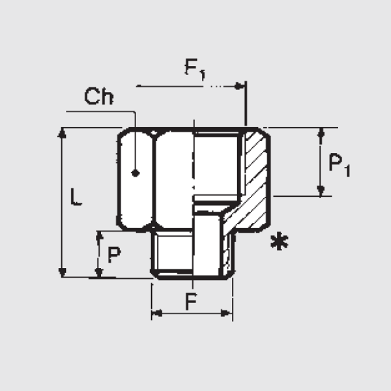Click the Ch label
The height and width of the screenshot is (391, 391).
coord(99,96)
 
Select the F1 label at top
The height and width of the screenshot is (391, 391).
coord(195,69)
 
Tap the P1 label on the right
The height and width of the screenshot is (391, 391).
coord(340,165)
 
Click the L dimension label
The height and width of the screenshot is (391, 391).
coord(76,197)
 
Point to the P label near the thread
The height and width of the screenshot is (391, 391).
coord(114,255)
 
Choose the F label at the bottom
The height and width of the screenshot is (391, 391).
coord(191,301)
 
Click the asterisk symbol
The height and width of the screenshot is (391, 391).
coord(280,241)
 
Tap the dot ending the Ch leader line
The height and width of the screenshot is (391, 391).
coord(136,173)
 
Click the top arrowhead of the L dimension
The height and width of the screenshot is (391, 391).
coord(62,133)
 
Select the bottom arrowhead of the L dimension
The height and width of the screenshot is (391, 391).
coord(62,272)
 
